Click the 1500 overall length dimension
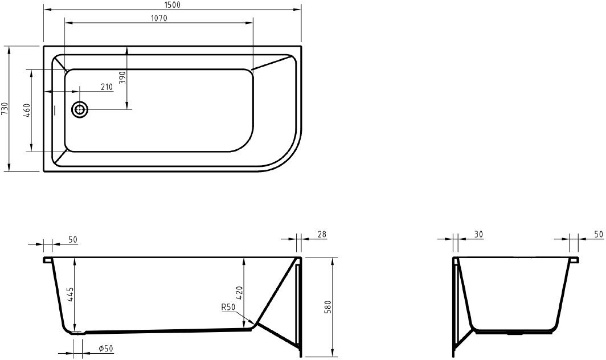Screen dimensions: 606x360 click(x=171, y=5)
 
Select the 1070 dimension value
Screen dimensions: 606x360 click(x=158, y=18)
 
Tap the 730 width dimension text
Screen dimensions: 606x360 click(x=5, y=109)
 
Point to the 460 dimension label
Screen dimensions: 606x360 click(x=27, y=111)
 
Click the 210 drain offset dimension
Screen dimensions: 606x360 click(x=107, y=87)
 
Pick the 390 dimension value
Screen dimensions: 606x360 click(x=122, y=77)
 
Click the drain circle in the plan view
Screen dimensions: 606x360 click(x=80, y=110)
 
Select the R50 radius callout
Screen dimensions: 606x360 click(x=228, y=308)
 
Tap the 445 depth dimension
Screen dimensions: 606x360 click(x=71, y=295)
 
